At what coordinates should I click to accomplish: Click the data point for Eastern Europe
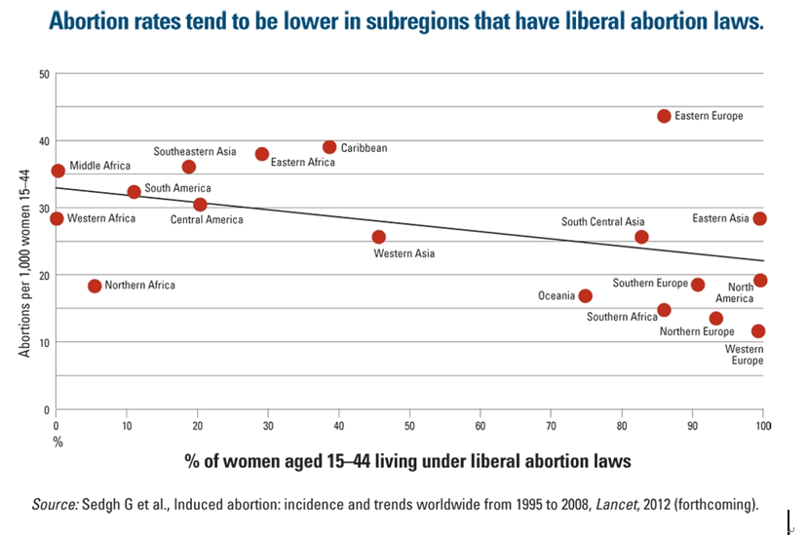[664, 116]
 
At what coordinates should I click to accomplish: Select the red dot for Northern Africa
[95, 286]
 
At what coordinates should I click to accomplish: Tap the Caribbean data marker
[329, 147]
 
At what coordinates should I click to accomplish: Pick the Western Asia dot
[378, 237]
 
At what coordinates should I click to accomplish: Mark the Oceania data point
[585, 295]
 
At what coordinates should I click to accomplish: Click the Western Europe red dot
[758, 331]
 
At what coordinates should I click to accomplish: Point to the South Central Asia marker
[641, 237]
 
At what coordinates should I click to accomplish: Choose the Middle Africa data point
[58, 171]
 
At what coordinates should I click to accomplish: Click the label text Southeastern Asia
[195, 152]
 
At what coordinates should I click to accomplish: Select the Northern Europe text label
[697, 332]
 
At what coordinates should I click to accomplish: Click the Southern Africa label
[622, 317]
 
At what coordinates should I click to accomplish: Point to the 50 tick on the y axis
[43, 75]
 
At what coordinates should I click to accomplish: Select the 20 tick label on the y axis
[43, 276]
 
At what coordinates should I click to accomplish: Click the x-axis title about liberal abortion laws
[408, 460]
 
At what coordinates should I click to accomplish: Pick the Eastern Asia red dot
[759, 218]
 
